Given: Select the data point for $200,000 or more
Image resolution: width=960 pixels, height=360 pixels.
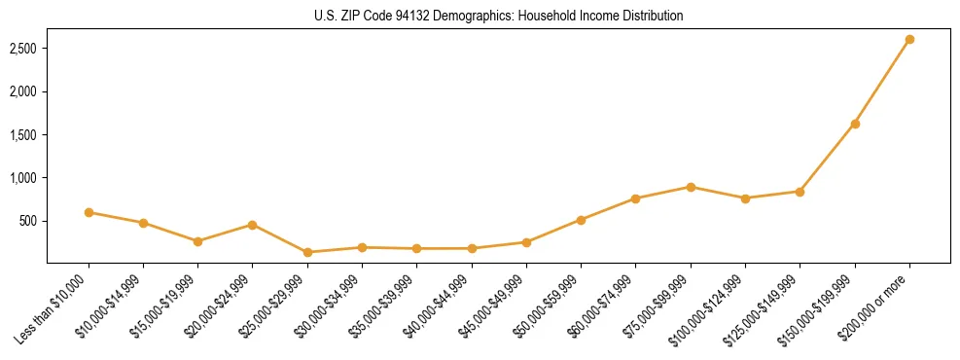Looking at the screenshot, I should [x=909, y=40].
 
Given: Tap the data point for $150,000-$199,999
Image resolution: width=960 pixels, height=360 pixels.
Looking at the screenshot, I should [x=855, y=124].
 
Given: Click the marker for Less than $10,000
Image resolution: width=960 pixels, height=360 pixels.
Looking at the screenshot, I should [x=89, y=212].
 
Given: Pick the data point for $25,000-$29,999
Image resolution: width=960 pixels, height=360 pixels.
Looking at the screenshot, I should [x=307, y=252].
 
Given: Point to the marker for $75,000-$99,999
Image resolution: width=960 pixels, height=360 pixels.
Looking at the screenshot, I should [x=691, y=187].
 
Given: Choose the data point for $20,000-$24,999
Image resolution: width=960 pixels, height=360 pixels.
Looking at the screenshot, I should [x=253, y=225].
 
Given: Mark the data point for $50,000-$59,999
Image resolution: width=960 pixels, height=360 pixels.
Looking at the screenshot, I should [x=581, y=220].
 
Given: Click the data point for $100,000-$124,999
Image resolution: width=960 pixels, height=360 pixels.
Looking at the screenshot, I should [x=745, y=198].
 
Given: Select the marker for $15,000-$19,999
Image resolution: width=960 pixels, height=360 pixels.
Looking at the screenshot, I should [x=197, y=241].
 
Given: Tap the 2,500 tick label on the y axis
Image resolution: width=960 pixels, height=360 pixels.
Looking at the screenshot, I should [x=23, y=49].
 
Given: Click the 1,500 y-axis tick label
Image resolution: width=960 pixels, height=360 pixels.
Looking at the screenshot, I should [x=23, y=135].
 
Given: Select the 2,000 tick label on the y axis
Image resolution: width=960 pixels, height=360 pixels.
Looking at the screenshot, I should [x=23, y=91].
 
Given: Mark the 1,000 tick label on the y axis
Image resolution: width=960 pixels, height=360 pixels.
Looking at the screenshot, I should [x=23, y=178].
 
